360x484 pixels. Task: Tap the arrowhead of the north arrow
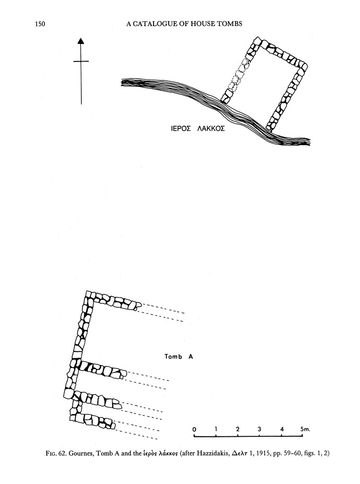point(81,41)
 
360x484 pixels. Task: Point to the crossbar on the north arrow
point(81,61)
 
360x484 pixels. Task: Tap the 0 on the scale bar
point(194,429)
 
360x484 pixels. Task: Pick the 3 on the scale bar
point(260,429)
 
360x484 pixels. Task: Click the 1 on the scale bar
point(216,429)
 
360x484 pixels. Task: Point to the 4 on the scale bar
point(282,429)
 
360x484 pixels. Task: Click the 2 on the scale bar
point(238,429)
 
